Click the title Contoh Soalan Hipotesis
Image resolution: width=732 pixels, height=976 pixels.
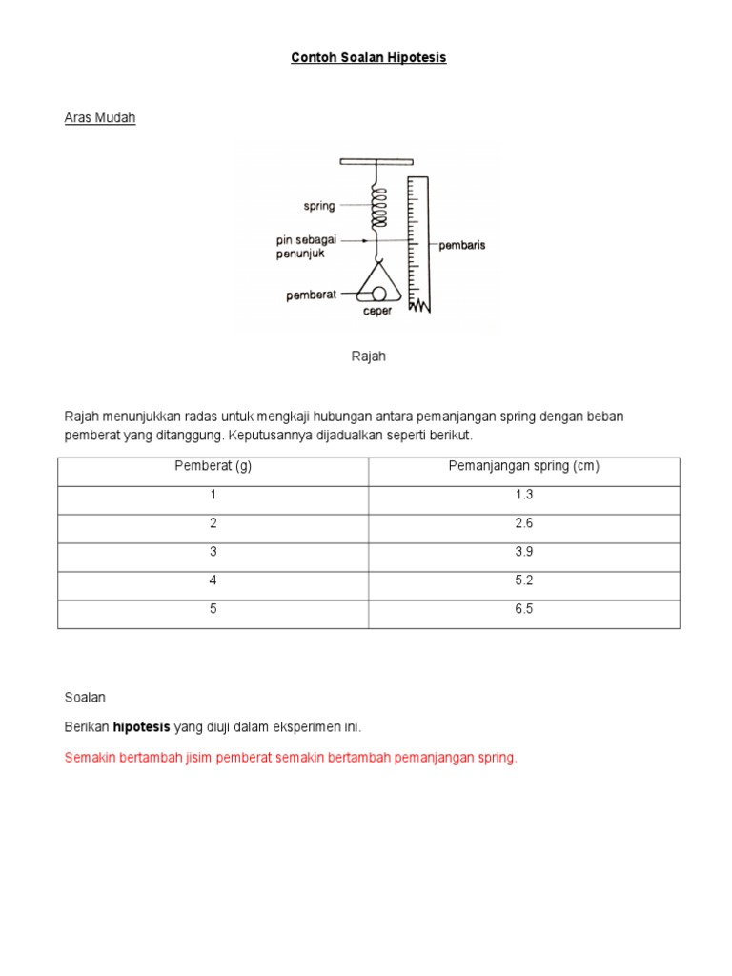click(368, 58)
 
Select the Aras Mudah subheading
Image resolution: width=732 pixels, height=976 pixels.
click(100, 118)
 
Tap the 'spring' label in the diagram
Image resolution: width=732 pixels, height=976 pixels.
click(319, 205)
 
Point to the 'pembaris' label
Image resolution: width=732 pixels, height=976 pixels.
click(461, 245)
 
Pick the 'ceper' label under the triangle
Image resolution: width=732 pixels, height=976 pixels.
click(376, 310)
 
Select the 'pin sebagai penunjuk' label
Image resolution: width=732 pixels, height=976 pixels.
click(307, 247)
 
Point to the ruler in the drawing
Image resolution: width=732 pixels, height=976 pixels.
click(418, 243)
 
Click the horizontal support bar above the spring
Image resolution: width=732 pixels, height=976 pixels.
click(376, 161)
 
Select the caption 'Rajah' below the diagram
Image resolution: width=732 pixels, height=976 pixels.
click(368, 356)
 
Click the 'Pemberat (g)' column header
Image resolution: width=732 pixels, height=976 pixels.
click(213, 466)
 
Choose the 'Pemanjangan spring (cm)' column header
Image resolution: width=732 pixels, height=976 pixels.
click(523, 466)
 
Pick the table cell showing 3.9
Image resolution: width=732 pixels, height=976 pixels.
click(523, 552)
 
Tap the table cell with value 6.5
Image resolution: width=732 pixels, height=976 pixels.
click(523, 609)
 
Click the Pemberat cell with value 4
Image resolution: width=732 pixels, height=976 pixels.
click(213, 580)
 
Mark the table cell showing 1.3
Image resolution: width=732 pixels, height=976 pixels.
click(523, 495)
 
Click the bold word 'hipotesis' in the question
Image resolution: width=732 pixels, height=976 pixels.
click(141, 727)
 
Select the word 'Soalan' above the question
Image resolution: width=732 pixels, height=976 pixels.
click(85, 697)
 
